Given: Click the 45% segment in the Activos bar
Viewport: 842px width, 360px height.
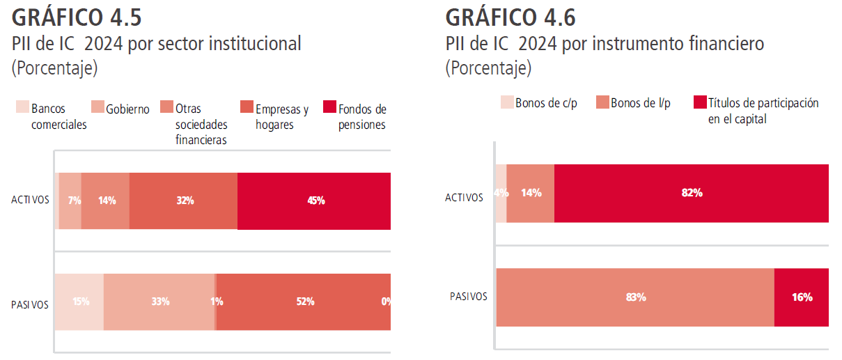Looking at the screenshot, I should coord(314,201).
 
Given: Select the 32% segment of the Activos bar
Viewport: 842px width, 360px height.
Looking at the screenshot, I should coord(184,201).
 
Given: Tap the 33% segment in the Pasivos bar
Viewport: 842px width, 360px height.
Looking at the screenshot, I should coord(159,302).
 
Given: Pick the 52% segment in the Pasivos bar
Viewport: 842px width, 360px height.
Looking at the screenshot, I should coord(304,302).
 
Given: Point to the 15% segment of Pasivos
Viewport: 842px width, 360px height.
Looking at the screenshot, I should coord(79,302).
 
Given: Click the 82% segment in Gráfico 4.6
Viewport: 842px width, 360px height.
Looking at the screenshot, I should coord(691,193).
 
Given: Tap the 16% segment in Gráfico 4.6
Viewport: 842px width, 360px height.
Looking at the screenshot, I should coord(802,297).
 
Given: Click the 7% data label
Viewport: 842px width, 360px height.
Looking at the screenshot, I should coord(75,201).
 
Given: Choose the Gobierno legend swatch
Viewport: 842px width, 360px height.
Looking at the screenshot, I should coord(98,108).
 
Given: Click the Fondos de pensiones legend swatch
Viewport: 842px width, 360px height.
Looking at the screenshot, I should coord(330,108).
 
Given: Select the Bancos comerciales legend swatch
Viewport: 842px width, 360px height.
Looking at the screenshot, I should coord(23,108).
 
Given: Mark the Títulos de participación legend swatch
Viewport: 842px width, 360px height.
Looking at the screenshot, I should coord(700,102).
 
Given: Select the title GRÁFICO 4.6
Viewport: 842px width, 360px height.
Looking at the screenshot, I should coord(510,17).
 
